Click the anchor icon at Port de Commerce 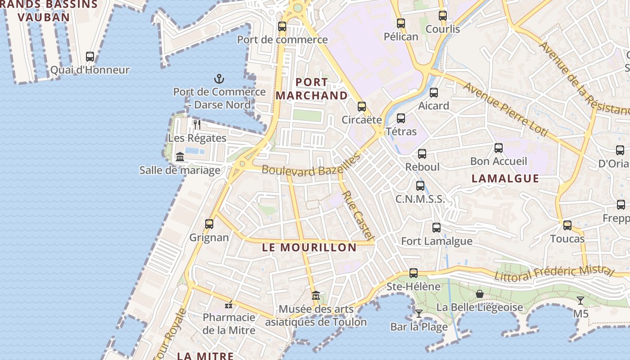pos(219,79)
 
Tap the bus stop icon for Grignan pos(209,224)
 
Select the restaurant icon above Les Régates pos(197,125)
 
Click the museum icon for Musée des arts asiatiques pos(316,296)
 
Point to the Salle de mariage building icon pos(180,157)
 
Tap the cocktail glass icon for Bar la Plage pos(419,313)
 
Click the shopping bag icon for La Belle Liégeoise pos(480,294)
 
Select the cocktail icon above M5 pos(580,300)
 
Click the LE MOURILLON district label pos(309,247)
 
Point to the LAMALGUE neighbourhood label pos(505,179)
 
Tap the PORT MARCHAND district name pos(311,89)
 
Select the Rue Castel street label pos(358,215)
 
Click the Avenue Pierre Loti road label pos(506,109)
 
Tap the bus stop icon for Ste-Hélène pos(414,273)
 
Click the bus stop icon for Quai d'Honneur pos(90,57)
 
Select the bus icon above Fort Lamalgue pos(436,228)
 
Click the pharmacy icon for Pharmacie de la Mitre pos(229,305)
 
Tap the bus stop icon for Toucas pos(567,225)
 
